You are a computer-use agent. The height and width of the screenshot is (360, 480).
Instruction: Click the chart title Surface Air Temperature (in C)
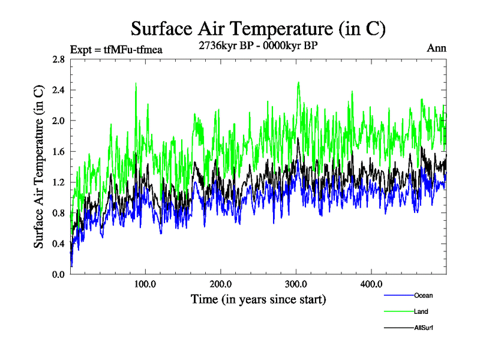(258, 28)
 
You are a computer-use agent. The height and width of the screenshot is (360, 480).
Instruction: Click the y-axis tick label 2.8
(58, 59)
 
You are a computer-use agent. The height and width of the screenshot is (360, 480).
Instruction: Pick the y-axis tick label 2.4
(58, 90)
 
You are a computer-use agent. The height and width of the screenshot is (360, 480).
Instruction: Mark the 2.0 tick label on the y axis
(58, 121)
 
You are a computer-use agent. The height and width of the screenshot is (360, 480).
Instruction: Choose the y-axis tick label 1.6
(58, 151)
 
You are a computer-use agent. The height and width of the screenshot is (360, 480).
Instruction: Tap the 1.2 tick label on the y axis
(58, 182)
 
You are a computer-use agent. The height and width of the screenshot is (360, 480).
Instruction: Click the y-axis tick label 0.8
(58, 212)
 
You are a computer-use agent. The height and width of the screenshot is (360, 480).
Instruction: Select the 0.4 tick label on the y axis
(58, 243)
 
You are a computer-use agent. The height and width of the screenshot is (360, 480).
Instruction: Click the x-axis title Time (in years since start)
(258, 298)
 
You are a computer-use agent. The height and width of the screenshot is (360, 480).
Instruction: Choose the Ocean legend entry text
(423, 295)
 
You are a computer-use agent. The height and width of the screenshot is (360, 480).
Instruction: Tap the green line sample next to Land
(398, 311)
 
